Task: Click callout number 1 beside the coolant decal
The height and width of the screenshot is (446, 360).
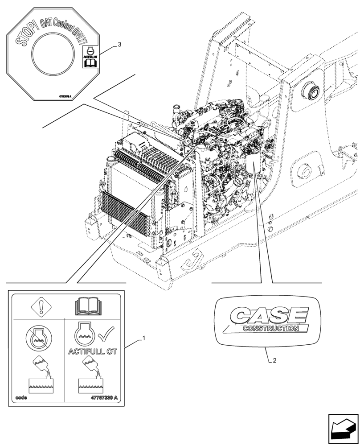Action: click(x=143, y=339)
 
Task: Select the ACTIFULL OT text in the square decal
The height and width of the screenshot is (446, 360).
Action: click(x=92, y=351)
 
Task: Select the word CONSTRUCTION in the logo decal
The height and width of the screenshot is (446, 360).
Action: click(x=271, y=329)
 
